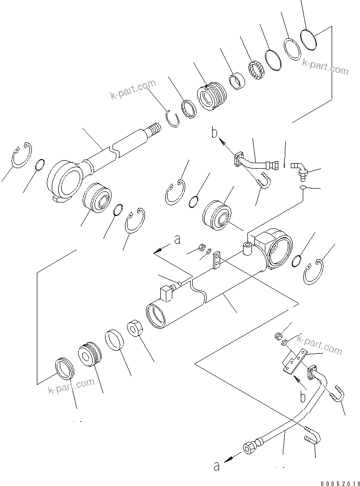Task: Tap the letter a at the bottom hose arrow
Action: click(x=216, y=466)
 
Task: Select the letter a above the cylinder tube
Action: click(x=176, y=240)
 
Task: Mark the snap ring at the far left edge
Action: click(x=21, y=156)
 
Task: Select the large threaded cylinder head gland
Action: click(x=212, y=96)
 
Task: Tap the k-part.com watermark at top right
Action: click(x=325, y=67)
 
